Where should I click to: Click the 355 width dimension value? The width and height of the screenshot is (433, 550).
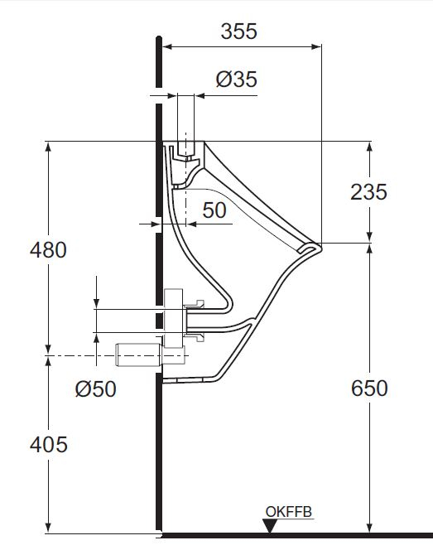(239, 31)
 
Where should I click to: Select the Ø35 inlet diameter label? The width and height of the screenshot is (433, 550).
(236, 80)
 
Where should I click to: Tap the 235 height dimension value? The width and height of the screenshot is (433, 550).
(368, 191)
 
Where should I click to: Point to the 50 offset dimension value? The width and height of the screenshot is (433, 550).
(214, 210)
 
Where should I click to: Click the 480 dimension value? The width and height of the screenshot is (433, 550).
(48, 248)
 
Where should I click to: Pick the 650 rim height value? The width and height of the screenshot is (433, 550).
(368, 388)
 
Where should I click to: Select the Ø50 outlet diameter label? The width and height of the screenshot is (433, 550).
(95, 388)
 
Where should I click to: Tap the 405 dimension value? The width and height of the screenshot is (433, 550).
(48, 444)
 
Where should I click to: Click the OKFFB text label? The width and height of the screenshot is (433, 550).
(289, 513)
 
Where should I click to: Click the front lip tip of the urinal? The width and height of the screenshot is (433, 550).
(318, 246)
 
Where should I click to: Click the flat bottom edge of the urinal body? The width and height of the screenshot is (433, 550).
(195, 382)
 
